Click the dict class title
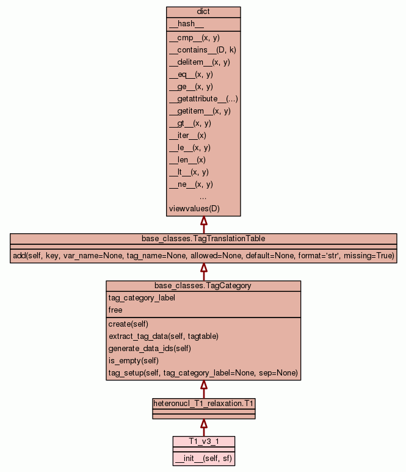coord(203,12)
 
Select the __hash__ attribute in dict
coord(182,24)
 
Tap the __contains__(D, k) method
coord(202,50)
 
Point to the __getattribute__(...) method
coord(203,99)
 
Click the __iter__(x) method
coord(187,136)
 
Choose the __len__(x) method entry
coord(187,160)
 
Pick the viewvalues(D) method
coord(194,209)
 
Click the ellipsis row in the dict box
coord(203,197)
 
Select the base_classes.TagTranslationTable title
coord(203,238)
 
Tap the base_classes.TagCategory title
coord(203,285)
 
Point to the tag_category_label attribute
coord(142,298)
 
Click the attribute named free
coord(115,310)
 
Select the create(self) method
coord(128,324)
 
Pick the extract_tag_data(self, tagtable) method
coord(164,336)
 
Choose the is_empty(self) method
coord(133,361)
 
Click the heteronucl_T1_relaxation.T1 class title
coord(203,404)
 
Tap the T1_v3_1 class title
coord(203,441)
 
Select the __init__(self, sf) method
coord(203,458)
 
